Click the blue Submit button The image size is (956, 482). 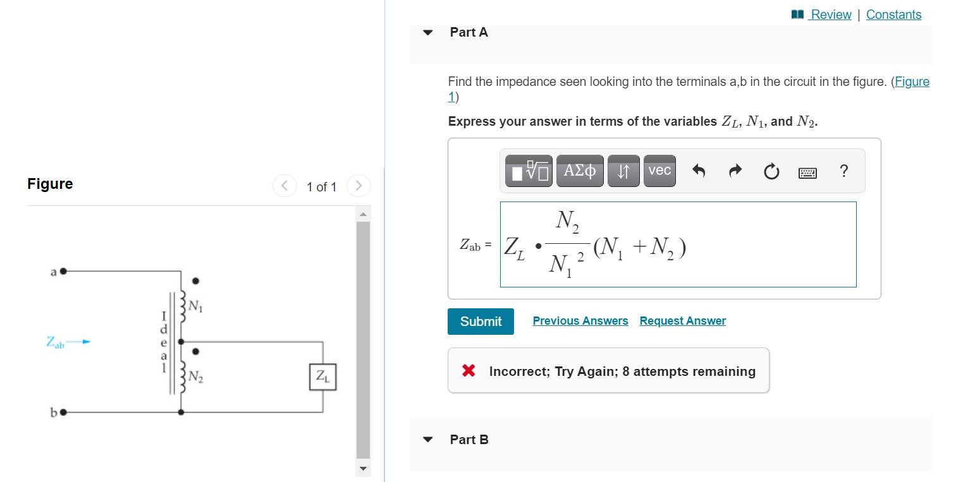point(481,322)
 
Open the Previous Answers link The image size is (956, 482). point(580,321)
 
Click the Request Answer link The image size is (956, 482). point(682,321)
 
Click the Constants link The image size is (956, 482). point(893,15)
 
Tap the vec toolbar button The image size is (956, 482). point(659,171)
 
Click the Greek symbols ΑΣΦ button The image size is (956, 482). point(579,171)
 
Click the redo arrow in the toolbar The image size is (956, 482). point(735,171)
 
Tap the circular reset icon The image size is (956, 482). point(771,171)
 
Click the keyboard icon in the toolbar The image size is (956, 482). point(807,172)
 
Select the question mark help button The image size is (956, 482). point(843,171)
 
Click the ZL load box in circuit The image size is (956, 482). point(322,377)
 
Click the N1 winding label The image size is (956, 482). point(195,307)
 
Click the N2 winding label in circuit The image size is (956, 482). point(195,377)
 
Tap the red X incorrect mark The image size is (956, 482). point(469,370)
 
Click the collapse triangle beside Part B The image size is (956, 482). point(428,440)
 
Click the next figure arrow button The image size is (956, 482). point(358,186)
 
